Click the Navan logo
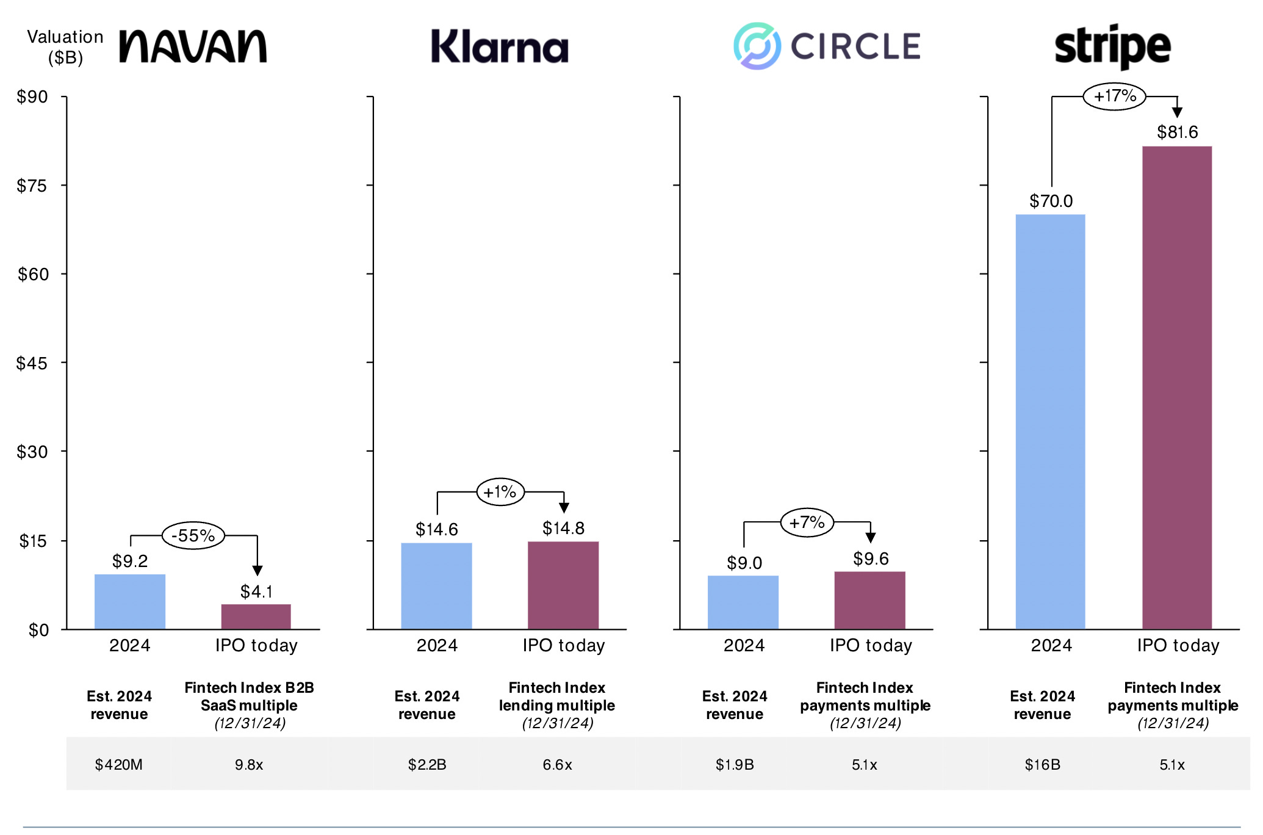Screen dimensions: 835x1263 pyautogui.click(x=193, y=46)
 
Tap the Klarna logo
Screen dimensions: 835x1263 pyautogui.click(x=499, y=46)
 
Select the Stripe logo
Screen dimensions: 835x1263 pyautogui.click(x=1112, y=46)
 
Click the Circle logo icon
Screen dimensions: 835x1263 pyautogui.click(x=757, y=46)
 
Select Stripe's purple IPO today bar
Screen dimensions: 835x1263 pyautogui.click(x=1176, y=388)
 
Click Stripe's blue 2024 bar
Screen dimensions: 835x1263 pyautogui.click(x=1050, y=421)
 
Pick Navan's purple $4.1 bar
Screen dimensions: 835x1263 pyautogui.click(x=256, y=616)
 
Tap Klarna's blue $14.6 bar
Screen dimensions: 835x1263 pyautogui.click(x=436, y=585)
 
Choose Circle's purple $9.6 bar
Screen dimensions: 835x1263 pyautogui.click(x=869, y=600)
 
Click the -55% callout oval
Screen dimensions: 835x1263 pyautogui.click(x=193, y=536)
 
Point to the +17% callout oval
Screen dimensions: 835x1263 pyautogui.click(x=1114, y=96)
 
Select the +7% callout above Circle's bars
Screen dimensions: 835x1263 pyautogui.click(x=807, y=522)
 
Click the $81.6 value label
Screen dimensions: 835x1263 pyautogui.click(x=1177, y=132)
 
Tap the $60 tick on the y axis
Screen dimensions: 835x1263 pyautogui.click(x=32, y=274)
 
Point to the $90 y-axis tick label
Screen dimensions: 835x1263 pyautogui.click(x=32, y=96)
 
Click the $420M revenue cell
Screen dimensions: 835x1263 pyautogui.click(x=118, y=764)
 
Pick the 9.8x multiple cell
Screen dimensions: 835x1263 pyautogui.click(x=249, y=764)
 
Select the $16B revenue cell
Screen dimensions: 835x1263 pyautogui.click(x=1042, y=764)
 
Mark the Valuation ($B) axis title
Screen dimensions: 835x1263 pyautogui.click(x=65, y=47)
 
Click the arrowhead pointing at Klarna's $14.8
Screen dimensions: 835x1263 pyautogui.click(x=564, y=508)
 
